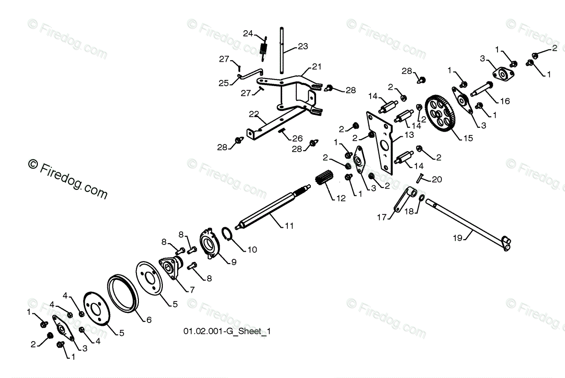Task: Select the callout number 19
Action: [x=458, y=237]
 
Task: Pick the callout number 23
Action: [x=303, y=46]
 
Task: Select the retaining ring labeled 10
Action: [x=228, y=234]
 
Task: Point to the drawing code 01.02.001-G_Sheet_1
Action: [x=229, y=332]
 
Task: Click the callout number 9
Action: [x=233, y=262]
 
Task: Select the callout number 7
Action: [x=192, y=289]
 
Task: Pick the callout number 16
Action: [x=505, y=101]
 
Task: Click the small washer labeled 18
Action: [x=421, y=198]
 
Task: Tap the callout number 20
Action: [x=437, y=179]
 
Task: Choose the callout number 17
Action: [x=381, y=217]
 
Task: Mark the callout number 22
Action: [x=253, y=114]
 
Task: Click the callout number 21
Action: [x=317, y=66]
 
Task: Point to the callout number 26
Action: [x=297, y=138]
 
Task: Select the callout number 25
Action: [x=224, y=83]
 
